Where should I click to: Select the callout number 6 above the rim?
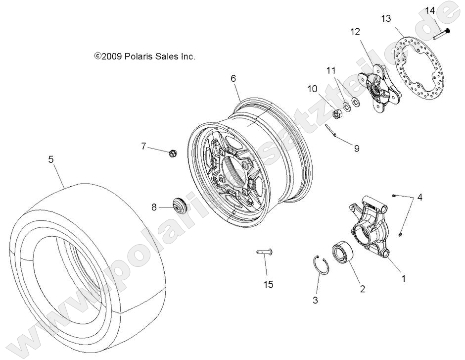233,78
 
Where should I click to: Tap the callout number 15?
268,284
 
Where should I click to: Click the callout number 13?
385,19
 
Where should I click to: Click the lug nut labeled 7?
173,153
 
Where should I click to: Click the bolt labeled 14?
441,34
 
